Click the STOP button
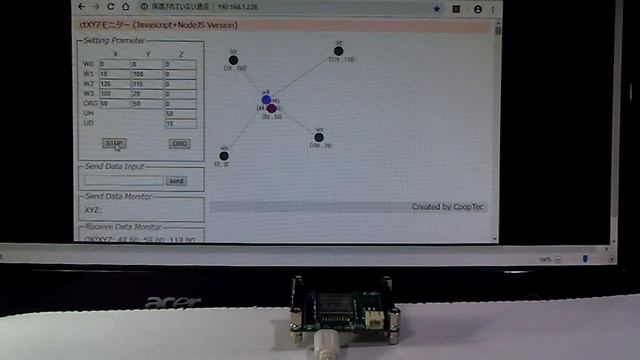[115, 144]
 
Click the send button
[176, 181]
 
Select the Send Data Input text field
[124, 181]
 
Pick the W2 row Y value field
[147, 83]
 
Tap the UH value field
[180, 113]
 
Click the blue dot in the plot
[266, 100]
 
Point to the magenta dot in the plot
[272, 108]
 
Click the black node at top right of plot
[339, 51]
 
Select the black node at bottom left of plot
[224, 155]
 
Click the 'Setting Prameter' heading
[114, 41]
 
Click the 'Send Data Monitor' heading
[118, 197]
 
